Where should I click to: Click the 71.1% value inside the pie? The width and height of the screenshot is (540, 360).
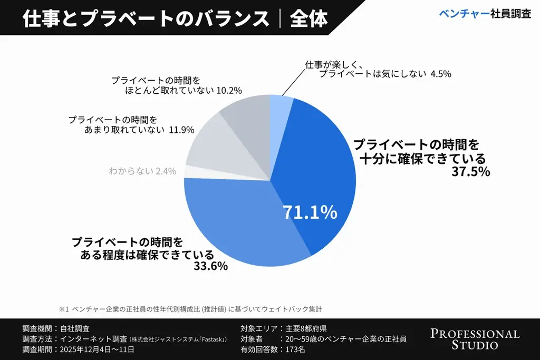click(x=310, y=212)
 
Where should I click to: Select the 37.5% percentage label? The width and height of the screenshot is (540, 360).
click(x=471, y=172)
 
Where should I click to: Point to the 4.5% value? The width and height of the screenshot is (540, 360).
click(x=440, y=74)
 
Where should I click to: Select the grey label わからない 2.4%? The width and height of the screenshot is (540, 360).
click(x=142, y=171)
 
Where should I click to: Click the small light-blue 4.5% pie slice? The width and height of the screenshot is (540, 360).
click(x=280, y=105)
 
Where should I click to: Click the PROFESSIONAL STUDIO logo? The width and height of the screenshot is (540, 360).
click(x=475, y=339)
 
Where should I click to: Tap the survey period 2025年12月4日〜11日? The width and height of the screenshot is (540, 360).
click(x=98, y=349)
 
